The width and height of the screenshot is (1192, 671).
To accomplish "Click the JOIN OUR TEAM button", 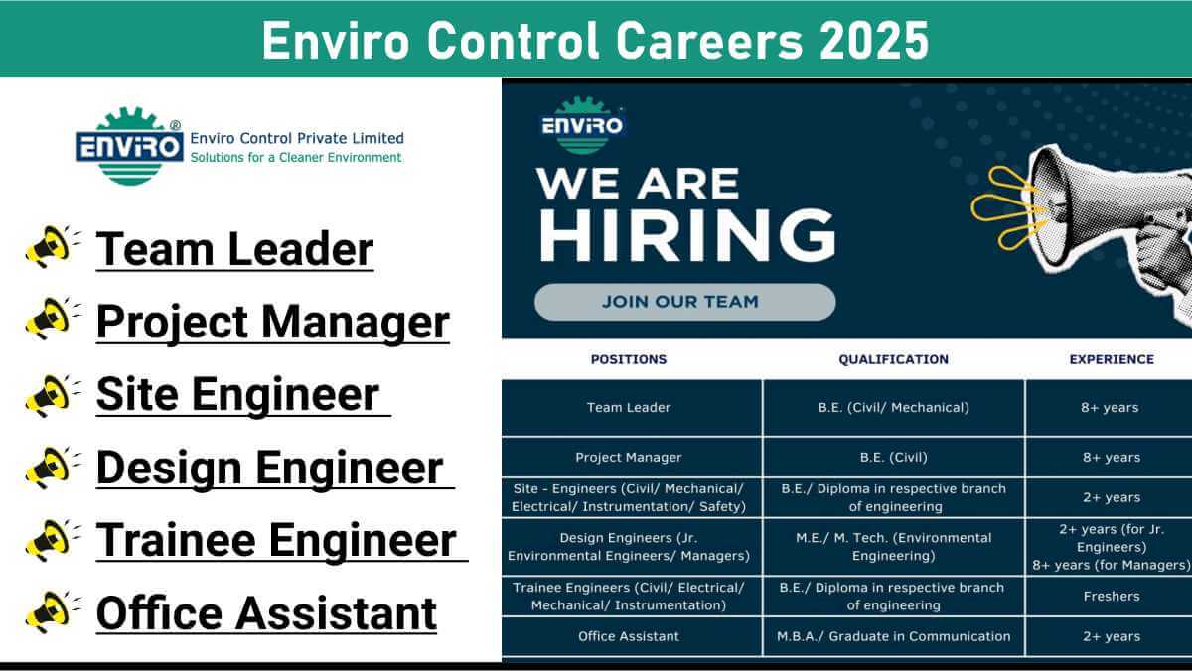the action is (684, 302).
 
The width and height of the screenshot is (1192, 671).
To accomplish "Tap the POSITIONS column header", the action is (629, 360).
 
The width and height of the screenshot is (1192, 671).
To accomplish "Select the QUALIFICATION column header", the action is (893, 360).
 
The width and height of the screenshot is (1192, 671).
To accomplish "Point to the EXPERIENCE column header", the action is (1112, 360).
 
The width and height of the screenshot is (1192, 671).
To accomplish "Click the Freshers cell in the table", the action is (1112, 596).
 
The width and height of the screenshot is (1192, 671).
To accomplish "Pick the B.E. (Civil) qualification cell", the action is (893, 458).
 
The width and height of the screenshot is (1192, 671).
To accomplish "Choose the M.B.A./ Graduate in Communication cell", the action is (893, 636).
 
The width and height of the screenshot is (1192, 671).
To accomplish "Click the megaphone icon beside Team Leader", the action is (52, 246).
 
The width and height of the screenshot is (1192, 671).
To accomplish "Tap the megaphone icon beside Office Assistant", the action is (52, 612).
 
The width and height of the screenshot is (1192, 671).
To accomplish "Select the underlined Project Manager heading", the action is (273, 323).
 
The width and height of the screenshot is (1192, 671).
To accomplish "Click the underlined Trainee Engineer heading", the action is (281, 540).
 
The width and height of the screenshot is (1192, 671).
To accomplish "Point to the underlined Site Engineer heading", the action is (243, 395).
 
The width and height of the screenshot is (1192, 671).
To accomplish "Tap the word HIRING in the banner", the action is (687, 235).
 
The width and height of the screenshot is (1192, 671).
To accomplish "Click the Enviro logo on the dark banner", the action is (582, 125).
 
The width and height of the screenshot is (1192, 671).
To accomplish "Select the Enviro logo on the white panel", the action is (130, 146).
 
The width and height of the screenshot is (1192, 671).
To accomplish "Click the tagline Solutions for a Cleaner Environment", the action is (296, 158).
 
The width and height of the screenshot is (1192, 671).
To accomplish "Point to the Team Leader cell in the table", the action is (629, 408).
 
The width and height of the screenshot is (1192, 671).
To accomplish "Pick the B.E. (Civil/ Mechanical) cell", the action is (893, 408).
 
